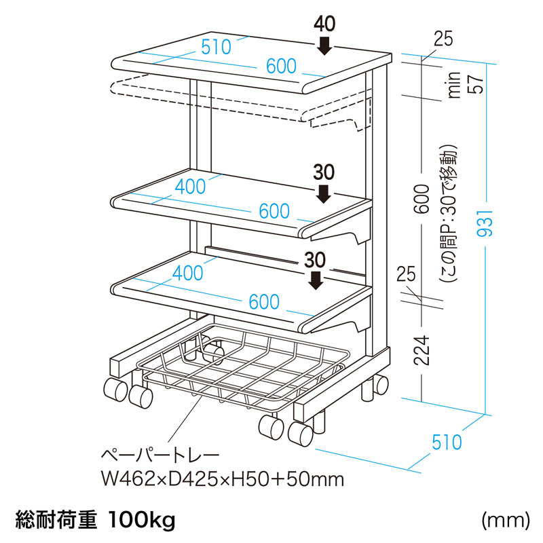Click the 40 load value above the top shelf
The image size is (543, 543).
tap(324, 24)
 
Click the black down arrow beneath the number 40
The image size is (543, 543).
tap(324, 45)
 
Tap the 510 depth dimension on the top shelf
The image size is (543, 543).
tap(216, 48)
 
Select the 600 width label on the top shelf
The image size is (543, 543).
tap(281, 66)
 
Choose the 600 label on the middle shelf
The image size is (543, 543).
tap(274, 211)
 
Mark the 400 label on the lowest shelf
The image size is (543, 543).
tap(188, 273)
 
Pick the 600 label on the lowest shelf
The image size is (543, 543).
tap(264, 302)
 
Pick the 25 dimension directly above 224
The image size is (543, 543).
tap(406, 275)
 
